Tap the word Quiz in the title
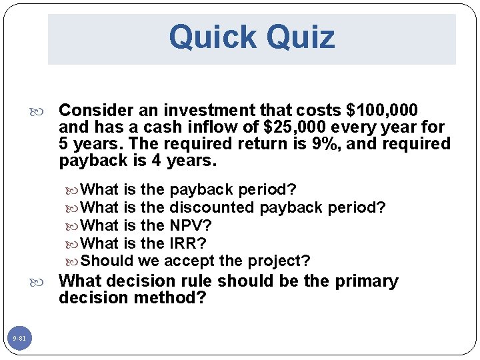[x=300, y=37]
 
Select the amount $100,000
[x=383, y=110]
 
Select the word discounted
[x=213, y=207]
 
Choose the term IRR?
[x=188, y=243]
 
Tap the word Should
[x=107, y=260]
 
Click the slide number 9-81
[x=19, y=339]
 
